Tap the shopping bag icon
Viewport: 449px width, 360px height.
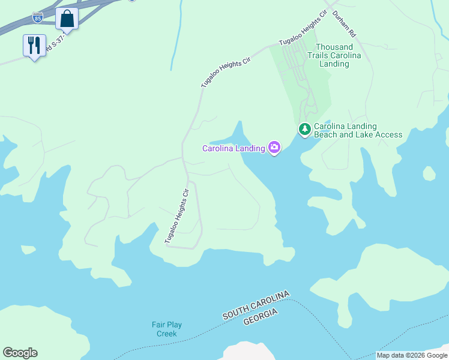click(67, 19)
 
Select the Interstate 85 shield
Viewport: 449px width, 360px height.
click(37, 17)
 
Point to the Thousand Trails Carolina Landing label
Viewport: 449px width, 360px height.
click(334, 55)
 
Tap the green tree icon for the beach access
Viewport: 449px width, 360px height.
click(305, 129)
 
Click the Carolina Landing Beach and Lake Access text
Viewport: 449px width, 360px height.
click(358, 130)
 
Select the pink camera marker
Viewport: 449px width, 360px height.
click(274, 147)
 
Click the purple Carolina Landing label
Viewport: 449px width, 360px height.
click(234, 148)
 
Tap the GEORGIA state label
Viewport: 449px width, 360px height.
click(261, 317)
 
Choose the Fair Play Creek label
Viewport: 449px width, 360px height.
click(166, 329)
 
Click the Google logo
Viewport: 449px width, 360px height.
click(20, 353)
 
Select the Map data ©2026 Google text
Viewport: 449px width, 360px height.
click(412, 355)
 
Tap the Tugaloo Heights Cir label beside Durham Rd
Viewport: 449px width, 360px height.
click(303, 28)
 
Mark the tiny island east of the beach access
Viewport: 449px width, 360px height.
click(429, 173)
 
